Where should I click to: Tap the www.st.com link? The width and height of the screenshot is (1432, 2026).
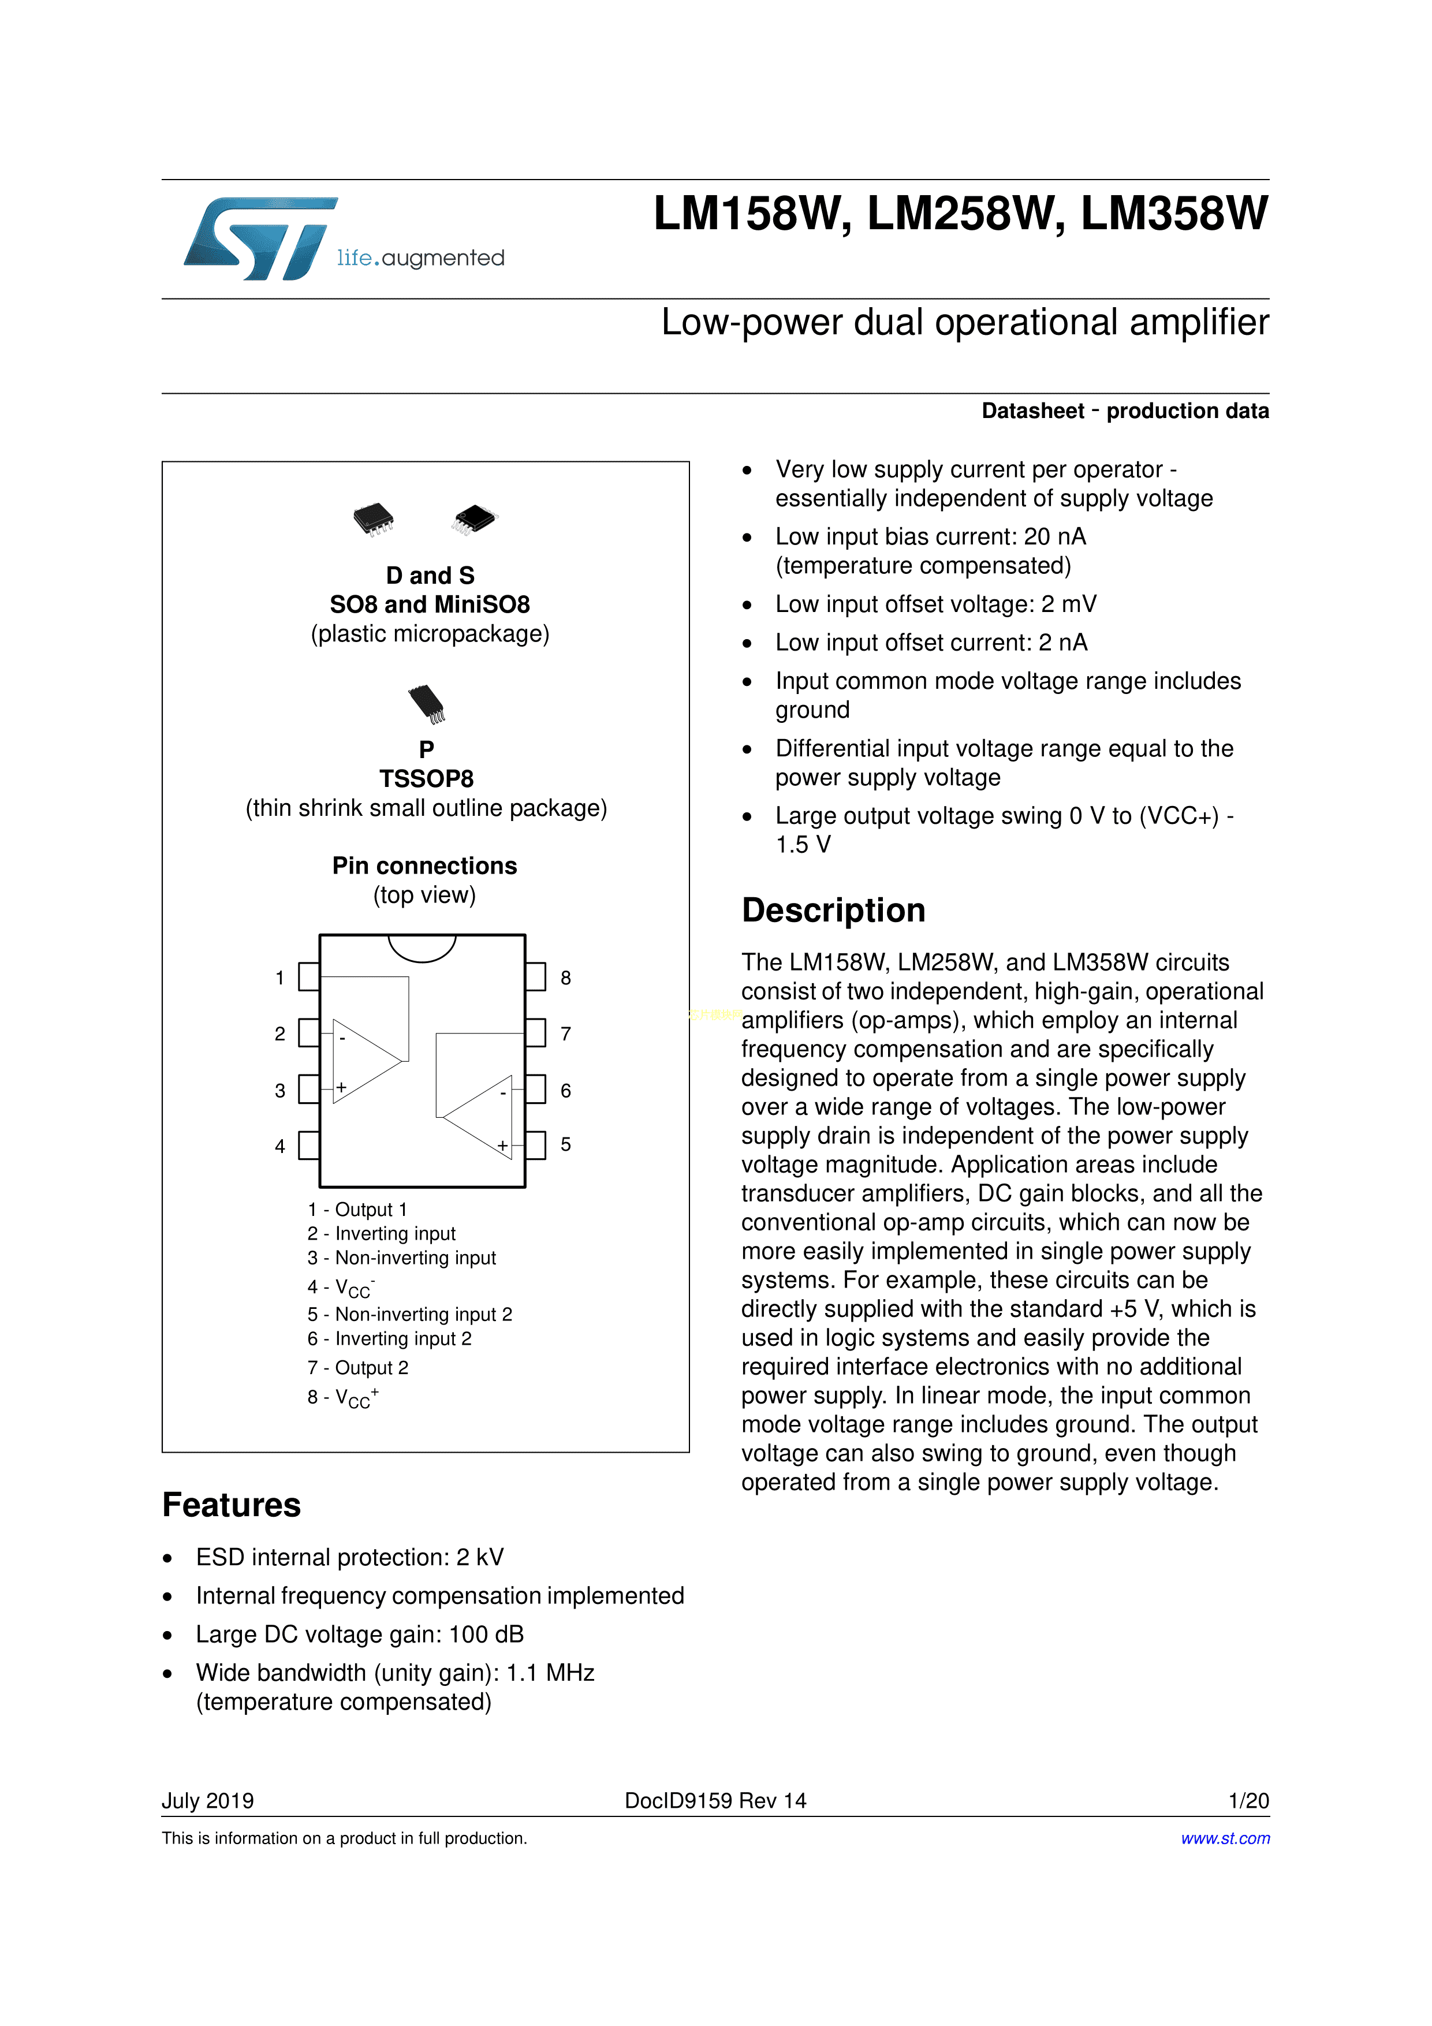click(1225, 1838)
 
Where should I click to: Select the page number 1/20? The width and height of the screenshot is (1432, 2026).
click(1248, 1801)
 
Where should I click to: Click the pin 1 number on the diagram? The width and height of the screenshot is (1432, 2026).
click(279, 977)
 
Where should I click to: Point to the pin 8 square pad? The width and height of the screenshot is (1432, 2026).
click(536, 977)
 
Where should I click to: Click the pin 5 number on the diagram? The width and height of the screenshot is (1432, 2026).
click(565, 1144)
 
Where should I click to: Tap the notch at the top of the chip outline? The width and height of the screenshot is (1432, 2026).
click(422, 947)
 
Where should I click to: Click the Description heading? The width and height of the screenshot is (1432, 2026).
click(833, 911)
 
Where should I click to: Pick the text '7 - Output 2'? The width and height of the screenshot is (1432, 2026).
click(357, 1368)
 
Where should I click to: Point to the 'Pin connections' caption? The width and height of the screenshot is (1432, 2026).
click(424, 865)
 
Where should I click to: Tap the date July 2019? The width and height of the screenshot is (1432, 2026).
click(207, 1801)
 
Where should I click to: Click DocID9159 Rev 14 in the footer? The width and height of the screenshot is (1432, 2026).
click(715, 1801)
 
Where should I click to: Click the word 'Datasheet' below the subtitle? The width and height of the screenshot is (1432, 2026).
click(1032, 411)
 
